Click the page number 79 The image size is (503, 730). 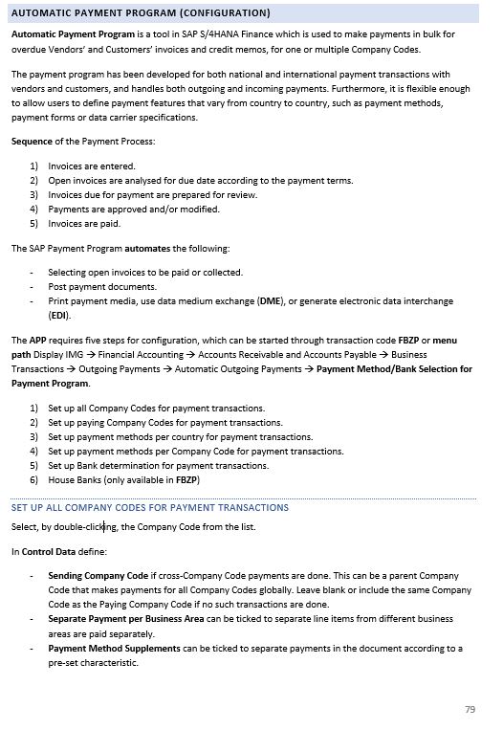pyautogui.click(x=470, y=708)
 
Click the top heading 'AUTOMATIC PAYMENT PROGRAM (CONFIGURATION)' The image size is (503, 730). pyautogui.click(x=141, y=12)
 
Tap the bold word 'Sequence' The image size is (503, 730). pyautogui.click(x=33, y=142)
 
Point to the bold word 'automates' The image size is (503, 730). pyautogui.click(x=147, y=249)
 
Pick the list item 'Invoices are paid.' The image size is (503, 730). pyautogui.click(x=84, y=223)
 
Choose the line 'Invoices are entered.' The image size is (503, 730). pyautogui.click(x=92, y=166)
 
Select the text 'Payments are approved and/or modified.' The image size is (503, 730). pyautogui.click(x=134, y=209)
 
